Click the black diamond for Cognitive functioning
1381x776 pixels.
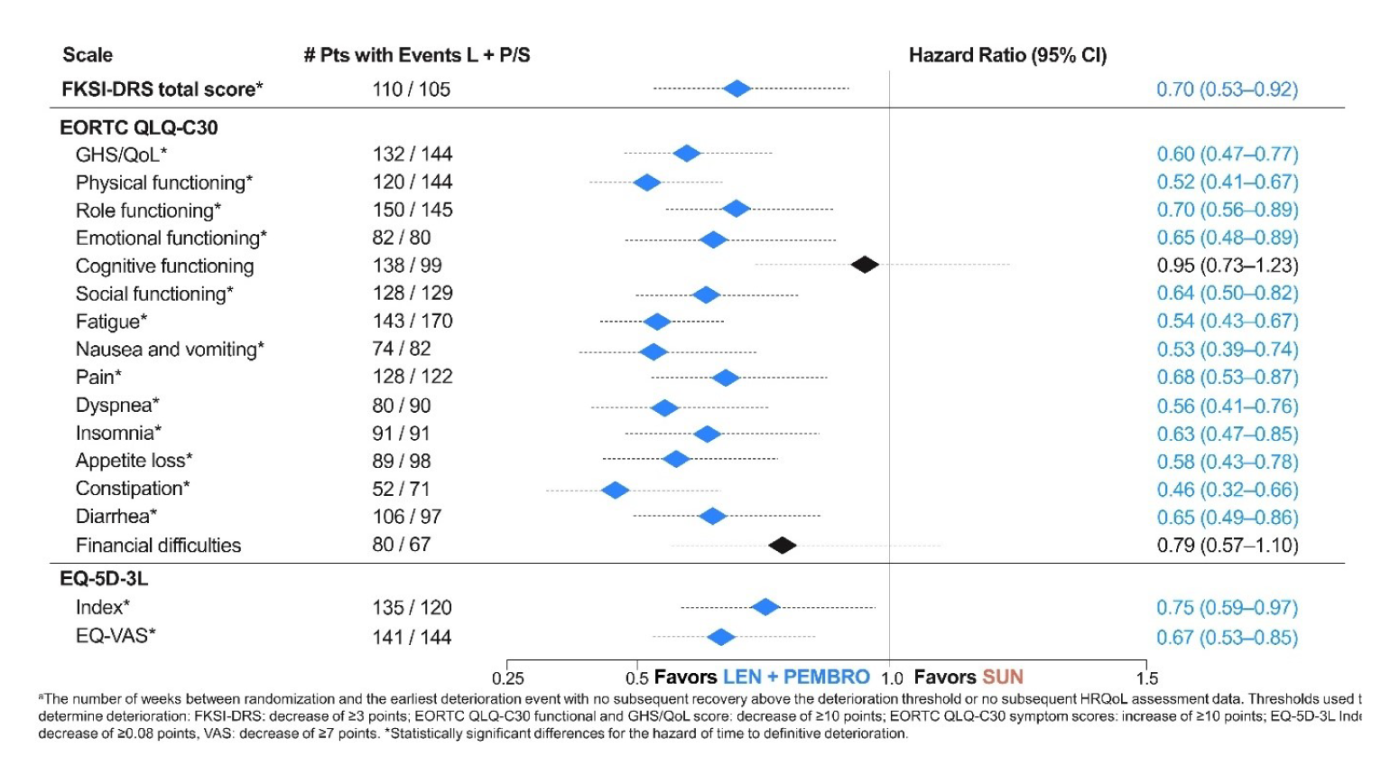click(865, 265)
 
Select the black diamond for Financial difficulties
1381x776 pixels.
click(782, 546)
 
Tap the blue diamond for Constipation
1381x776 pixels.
click(615, 491)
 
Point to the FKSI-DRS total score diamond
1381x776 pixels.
click(737, 89)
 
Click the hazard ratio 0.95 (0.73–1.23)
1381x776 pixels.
click(1228, 266)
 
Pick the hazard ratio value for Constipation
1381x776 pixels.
click(1228, 490)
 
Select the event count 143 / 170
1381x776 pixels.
click(412, 322)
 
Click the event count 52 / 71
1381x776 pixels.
click(401, 490)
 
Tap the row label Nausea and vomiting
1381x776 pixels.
click(170, 350)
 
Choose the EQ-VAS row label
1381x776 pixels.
click(116, 636)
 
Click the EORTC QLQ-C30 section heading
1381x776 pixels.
click(139, 127)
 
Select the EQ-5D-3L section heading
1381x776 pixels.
click(104, 579)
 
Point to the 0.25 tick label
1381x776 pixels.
click(508, 678)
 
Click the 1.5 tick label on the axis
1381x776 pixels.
click(1147, 678)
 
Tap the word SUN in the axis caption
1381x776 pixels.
click(1003, 678)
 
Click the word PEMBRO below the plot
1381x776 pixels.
click(826, 678)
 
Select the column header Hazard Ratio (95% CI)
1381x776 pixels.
click(1007, 55)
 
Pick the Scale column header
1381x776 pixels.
click(88, 55)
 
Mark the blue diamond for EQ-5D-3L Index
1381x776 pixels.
click(765, 607)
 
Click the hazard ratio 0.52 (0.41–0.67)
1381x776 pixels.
click(1228, 182)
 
